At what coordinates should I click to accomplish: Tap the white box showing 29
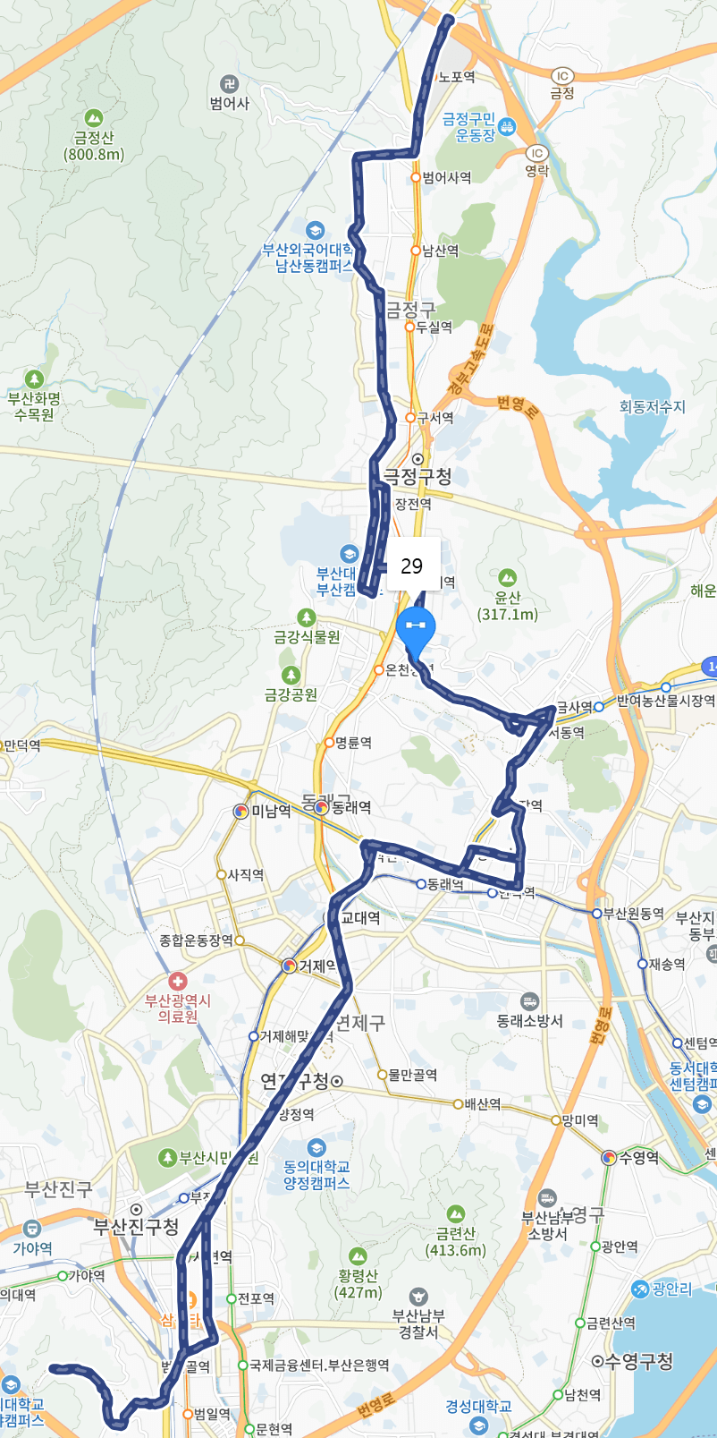click(x=412, y=566)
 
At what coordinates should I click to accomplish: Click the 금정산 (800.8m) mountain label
click(x=94, y=146)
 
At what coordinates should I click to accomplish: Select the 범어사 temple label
click(x=230, y=103)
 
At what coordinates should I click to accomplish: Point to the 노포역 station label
click(x=456, y=78)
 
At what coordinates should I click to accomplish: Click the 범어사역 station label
click(x=446, y=178)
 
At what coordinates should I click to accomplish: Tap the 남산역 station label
click(x=440, y=251)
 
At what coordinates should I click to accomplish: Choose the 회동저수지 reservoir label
click(x=653, y=407)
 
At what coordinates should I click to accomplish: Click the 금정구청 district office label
click(x=417, y=476)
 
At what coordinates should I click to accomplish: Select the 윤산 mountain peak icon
click(x=508, y=578)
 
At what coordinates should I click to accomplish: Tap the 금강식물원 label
click(x=307, y=637)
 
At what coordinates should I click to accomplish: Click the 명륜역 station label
click(x=353, y=743)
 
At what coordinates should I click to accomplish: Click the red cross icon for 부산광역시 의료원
click(x=178, y=982)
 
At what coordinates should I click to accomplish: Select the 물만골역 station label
click(x=412, y=1075)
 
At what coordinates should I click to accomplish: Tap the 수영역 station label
click(x=638, y=1158)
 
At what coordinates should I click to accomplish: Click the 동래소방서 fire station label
click(x=530, y=1021)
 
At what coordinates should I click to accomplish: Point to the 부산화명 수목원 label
click(x=34, y=406)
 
